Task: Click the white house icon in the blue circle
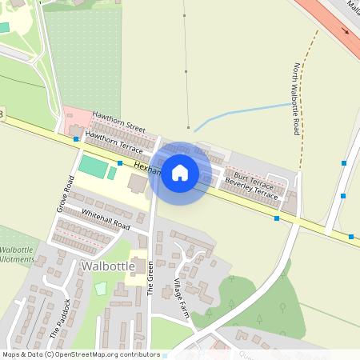(x=180, y=173)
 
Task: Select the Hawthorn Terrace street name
(x=114, y=142)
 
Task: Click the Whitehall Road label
(x=105, y=219)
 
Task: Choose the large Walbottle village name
(x=108, y=265)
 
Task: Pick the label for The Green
(x=150, y=278)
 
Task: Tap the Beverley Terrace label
(x=251, y=188)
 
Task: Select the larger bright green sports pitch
(x=92, y=167)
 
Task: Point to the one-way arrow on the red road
(x=346, y=32)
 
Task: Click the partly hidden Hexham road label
(x=146, y=168)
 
